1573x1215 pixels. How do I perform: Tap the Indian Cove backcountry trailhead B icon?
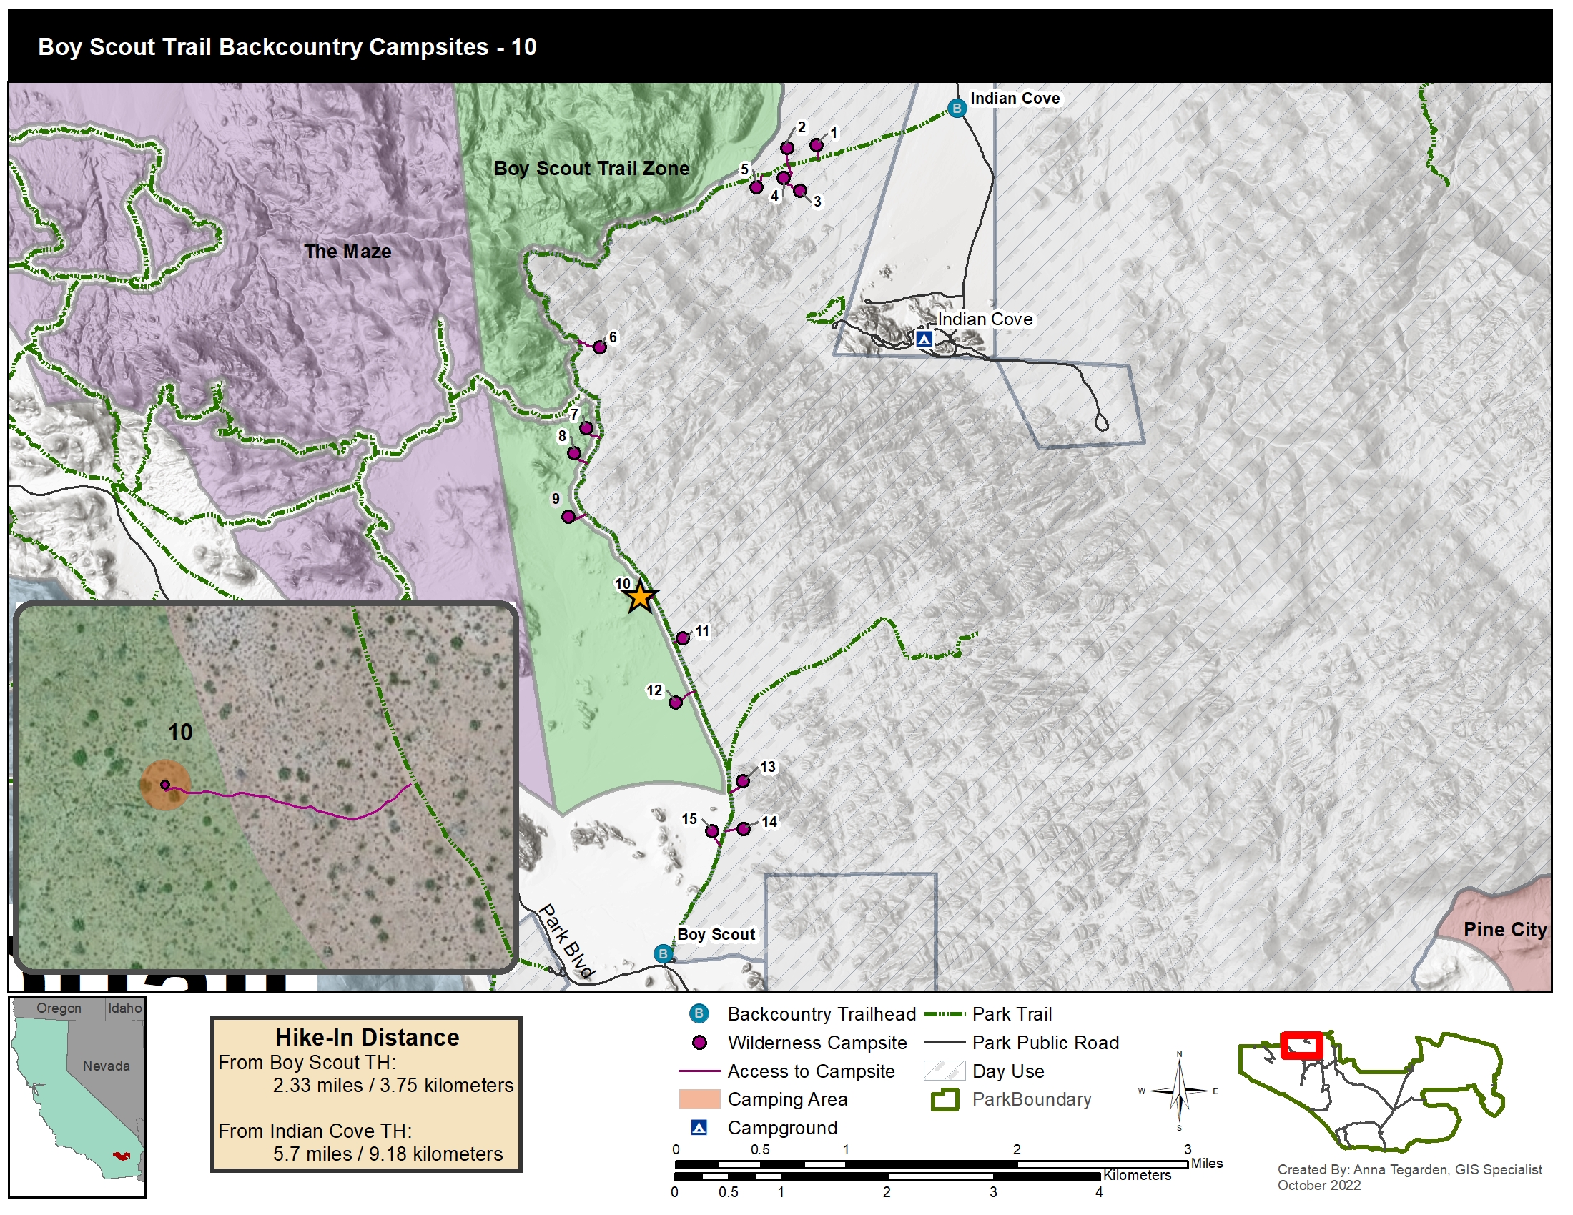click(x=957, y=109)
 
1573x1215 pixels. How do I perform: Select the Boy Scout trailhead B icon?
click(x=663, y=954)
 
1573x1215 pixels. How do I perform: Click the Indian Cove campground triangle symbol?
click(x=924, y=338)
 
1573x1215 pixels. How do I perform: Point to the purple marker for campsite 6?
click(x=599, y=347)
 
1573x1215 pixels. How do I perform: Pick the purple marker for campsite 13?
click(x=743, y=782)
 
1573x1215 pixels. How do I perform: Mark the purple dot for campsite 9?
click(x=568, y=517)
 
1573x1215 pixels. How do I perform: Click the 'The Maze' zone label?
click(x=347, y=251)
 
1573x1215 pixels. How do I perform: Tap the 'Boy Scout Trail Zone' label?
click(x=591, y=169)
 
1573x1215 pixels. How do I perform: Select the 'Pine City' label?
click(x=1504, y=929)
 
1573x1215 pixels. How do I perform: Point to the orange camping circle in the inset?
click(x=165, y=785)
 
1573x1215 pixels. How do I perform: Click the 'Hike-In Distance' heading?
click(x=367, y=1037)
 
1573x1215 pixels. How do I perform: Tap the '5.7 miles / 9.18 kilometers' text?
click(x=388, y=1154)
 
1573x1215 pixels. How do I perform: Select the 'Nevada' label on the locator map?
click(x=106, y=1066)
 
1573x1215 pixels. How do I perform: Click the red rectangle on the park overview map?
click(x=1301, y=1045)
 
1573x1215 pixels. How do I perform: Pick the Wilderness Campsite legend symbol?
click(x=699, y=1043)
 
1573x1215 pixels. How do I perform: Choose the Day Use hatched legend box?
click(x=944, y=1071)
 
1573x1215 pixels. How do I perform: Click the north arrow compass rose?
click(x=1179, y=1091)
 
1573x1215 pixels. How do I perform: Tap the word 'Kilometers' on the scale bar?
click(x=1137, y=1175)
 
